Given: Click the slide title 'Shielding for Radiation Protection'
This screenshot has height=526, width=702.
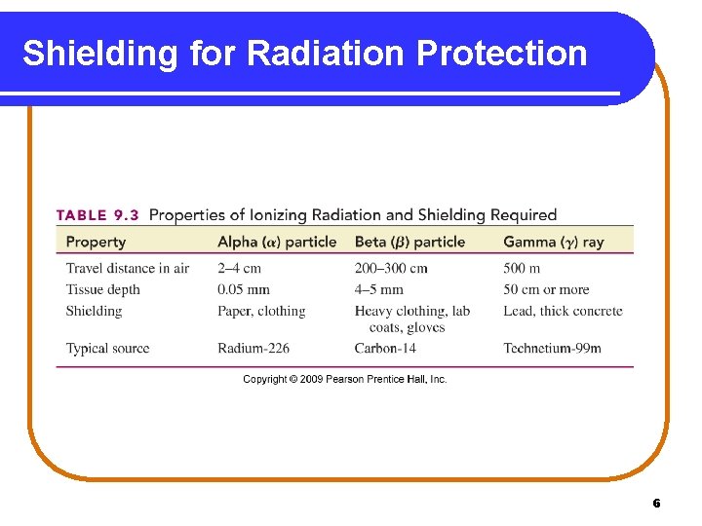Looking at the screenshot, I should tap(304, 54).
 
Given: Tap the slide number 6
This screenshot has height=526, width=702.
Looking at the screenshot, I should tap(656, 503).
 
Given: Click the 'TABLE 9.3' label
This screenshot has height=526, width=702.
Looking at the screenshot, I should tap(97, 215).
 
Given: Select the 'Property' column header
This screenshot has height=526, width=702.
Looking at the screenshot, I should tap(96, 242).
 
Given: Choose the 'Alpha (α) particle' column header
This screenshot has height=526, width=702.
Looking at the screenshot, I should tap(277, 242).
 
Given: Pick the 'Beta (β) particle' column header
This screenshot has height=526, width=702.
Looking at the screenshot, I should tap(409, 242).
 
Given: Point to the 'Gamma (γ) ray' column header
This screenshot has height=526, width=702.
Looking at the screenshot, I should tap(553, 242).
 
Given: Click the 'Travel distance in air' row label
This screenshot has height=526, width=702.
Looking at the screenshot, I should tap(127, 268).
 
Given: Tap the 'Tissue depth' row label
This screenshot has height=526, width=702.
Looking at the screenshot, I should tap(102, 289).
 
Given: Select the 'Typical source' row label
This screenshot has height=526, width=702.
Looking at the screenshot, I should tap(107, 348).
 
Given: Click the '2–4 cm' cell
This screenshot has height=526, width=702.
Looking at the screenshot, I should tap(239, 268).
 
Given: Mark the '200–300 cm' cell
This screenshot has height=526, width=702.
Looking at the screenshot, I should tap(391, 268).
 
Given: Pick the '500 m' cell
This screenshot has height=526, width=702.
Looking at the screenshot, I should tap(522, 268).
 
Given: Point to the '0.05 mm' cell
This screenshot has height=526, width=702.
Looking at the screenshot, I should tap(244, 289).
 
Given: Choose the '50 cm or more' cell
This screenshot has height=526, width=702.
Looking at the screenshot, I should tap(546, 289).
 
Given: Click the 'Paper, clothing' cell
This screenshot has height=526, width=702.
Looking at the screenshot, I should tap(261, 311).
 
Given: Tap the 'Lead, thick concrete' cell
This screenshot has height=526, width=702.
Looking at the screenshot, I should tap(563, 311).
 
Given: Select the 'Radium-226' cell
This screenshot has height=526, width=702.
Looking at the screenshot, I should tap(253, 348).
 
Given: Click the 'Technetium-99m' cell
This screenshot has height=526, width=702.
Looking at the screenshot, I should tap(552, 348).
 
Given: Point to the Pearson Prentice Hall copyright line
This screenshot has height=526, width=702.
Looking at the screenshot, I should tap(345, 379).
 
